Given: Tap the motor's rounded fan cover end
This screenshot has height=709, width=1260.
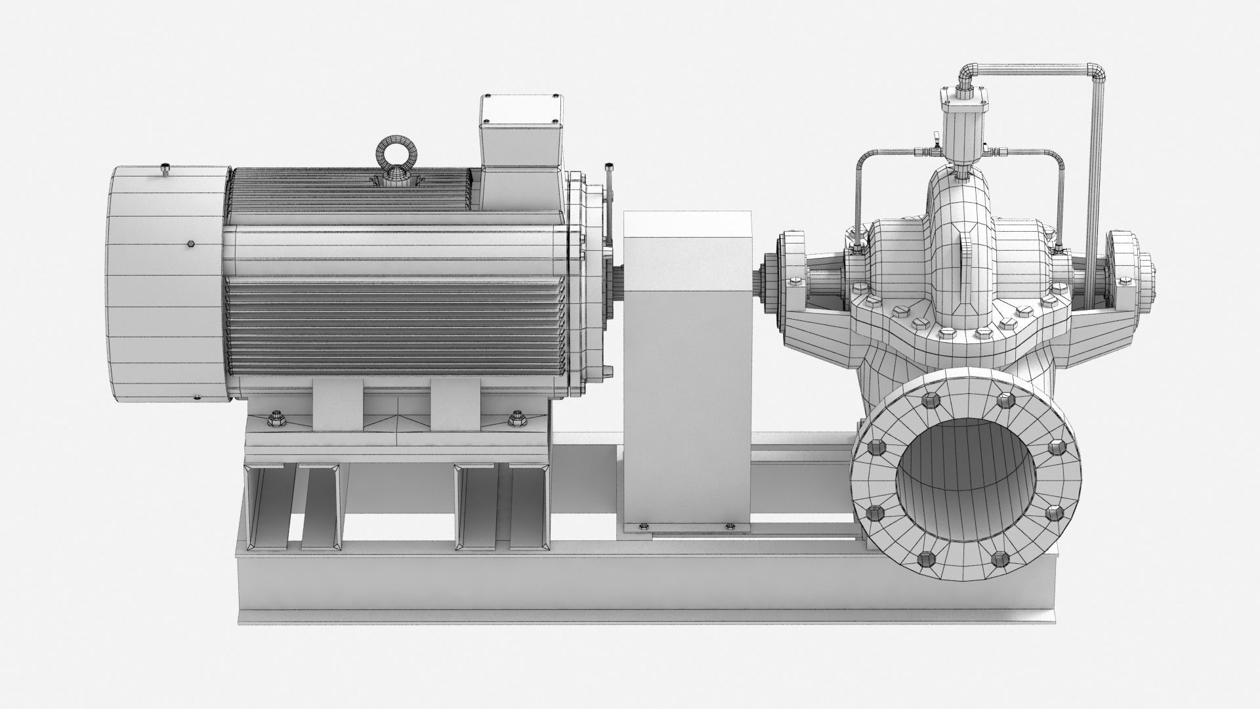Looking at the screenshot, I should click(x=167, y=286).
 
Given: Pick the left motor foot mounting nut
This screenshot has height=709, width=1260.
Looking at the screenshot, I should click(x=274, y=418).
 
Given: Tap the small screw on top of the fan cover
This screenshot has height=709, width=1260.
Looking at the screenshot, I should click(x=165, y=171).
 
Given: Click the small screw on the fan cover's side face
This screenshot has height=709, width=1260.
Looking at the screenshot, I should click(x=190, y=245).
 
